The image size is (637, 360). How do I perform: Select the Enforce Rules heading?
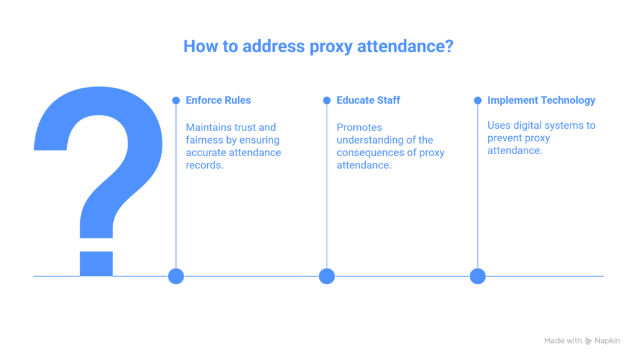point(218,100)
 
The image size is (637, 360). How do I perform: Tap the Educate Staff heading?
point(369,100)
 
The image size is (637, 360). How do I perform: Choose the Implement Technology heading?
point(541,100)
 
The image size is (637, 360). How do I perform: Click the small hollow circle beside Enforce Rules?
point(176,100)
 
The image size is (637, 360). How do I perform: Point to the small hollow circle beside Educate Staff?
point(327,100)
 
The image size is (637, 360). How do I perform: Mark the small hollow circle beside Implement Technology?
point(477,100)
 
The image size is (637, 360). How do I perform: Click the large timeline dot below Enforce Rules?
point(176,276)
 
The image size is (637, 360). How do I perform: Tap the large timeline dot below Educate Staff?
point(327,276)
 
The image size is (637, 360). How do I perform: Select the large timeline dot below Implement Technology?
point(477,276)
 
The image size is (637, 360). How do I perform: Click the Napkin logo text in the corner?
point(607,341)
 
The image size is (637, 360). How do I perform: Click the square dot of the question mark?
point(96,262)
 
